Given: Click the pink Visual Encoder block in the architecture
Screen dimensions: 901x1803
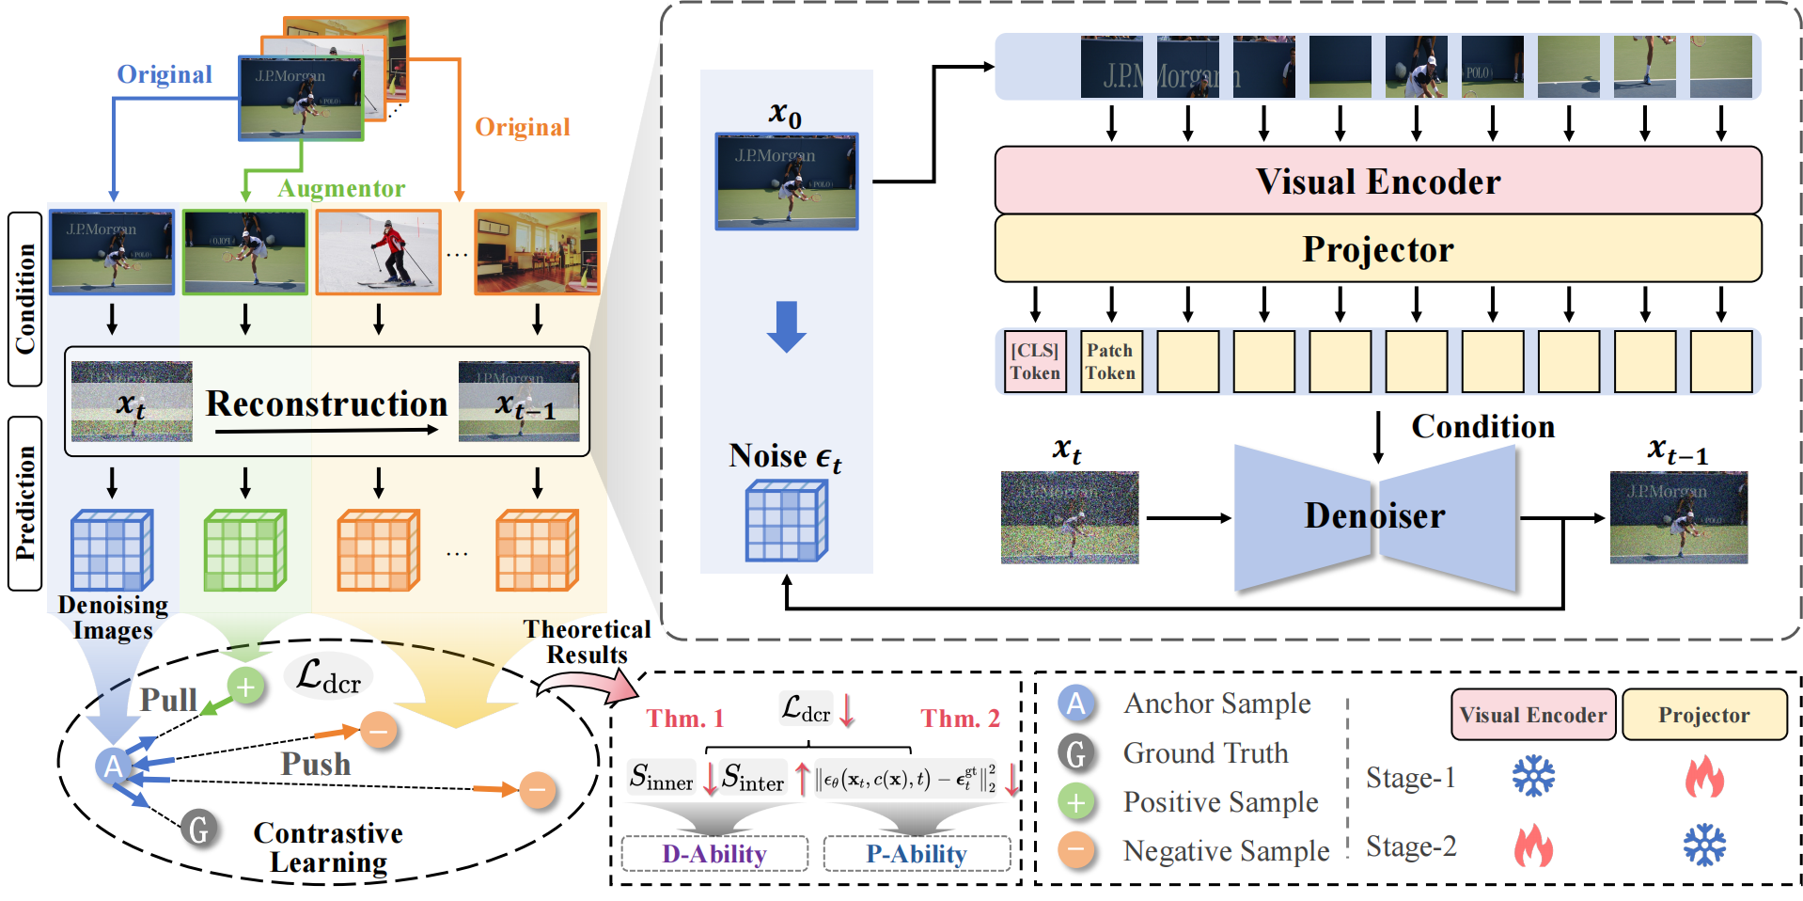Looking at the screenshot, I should pos(1377,181).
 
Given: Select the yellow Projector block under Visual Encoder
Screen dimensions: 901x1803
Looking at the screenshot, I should pos(1377,249).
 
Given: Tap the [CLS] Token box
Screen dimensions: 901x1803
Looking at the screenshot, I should pos(1035,361).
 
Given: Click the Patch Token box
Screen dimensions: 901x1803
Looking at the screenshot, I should pos(1111,361).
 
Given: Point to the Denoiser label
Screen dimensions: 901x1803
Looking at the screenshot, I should pos(1374,515).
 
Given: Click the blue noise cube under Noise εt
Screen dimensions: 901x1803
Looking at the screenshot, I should pos(786,521).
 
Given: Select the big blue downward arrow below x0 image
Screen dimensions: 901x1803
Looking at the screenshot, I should pos(786,325).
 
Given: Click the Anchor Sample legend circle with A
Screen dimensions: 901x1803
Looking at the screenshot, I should pos(1076,703).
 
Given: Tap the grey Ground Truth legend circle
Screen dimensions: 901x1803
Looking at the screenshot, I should pos(1076,752).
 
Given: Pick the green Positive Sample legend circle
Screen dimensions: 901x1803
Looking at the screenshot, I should pos(1076,802).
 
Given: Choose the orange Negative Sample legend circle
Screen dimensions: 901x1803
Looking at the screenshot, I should pos(1076,850).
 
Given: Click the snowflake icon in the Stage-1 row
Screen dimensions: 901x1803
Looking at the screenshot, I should pos(1533,777).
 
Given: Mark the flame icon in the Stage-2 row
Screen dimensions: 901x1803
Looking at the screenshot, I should pos(1533,845).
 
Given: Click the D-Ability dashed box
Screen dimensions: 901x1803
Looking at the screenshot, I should pos(714,854).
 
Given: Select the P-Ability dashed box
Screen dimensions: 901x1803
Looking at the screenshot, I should pos(917,854).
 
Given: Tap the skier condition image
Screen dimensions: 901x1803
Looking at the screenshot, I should pos(378,252).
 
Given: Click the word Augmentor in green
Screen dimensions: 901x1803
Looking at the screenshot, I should pos(341,188).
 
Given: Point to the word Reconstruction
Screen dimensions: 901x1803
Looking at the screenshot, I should pos(326,403).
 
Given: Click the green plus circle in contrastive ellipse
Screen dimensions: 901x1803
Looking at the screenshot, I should pos(245,687).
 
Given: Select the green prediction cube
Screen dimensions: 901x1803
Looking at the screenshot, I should pos(244,550).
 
